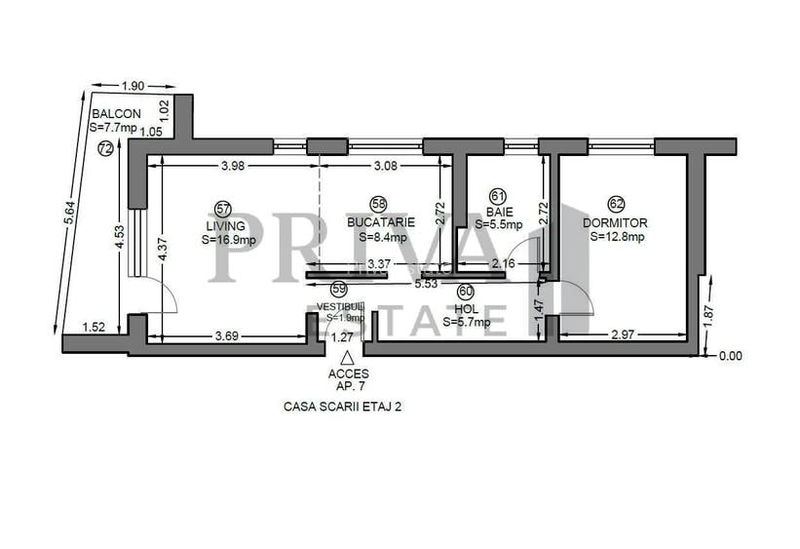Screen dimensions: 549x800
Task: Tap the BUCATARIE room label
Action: point(379,221)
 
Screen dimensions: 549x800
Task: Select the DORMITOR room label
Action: point(615,222)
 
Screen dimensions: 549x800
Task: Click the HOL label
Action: point(465,307)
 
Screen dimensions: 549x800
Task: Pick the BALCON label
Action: point(116,113)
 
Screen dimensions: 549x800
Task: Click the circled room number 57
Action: point(223,207)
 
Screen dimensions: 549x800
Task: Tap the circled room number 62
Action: point(616,204)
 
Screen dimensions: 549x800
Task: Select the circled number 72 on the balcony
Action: point(105,149)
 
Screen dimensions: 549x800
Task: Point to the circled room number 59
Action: point(339,289)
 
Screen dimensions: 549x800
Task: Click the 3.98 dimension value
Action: point(232,167)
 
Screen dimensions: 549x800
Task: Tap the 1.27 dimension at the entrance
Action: point(342,337)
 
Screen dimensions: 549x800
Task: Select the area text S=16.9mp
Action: point(230,239)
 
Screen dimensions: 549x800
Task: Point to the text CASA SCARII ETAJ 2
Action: point(342,408)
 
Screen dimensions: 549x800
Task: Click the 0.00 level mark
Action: point(730,356)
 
